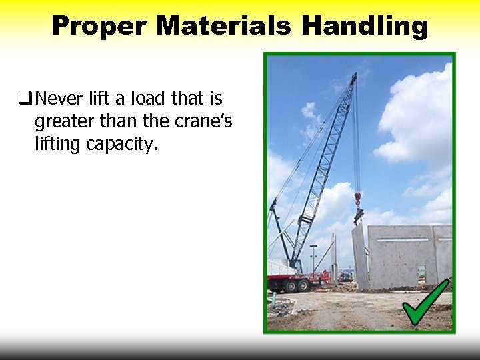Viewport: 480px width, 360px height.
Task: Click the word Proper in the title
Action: coord(99,26)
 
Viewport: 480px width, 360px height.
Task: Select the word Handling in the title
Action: coord(365,26)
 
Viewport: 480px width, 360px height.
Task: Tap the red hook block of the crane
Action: coord(357,198)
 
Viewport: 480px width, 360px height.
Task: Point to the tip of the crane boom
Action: coord(354,76)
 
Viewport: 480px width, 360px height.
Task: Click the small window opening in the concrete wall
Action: coord(421,272)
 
